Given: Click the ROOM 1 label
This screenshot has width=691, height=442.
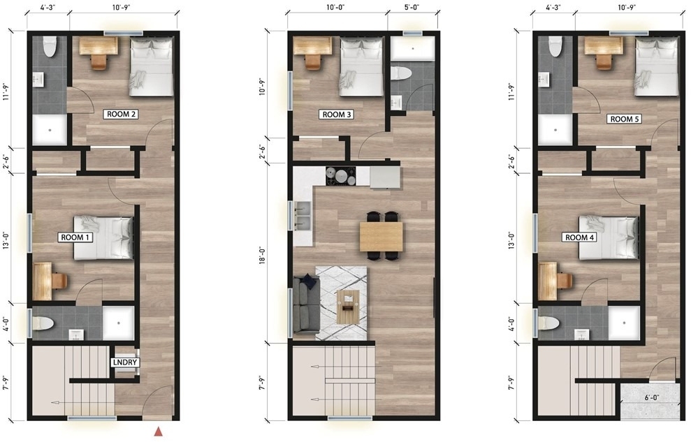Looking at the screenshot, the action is (x=75, y=237).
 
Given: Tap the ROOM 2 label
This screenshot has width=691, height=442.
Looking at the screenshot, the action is (x=121, y=115).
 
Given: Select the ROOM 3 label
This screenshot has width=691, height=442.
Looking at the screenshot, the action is (x=337, y=115).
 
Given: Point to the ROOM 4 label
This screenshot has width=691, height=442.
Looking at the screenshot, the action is (x=580, y=237).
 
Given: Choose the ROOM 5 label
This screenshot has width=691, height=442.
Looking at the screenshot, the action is (x=625, y=119).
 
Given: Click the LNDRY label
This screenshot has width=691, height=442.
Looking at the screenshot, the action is (x=126, y=362).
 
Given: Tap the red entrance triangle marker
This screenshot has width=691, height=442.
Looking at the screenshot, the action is (x=159, y=431).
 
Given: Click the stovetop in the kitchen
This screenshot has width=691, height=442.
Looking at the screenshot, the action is (x=341, y=176).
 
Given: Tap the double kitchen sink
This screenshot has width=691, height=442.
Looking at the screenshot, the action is (x=303, y=216).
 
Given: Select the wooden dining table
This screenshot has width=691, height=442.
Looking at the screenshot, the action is (x=381, y=236).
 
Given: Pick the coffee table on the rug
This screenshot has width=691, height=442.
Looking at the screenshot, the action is (x=348, y=307).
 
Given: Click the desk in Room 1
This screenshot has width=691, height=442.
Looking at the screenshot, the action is (x=42, y=281).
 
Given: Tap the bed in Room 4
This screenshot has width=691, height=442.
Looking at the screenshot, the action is (x=608, y=237).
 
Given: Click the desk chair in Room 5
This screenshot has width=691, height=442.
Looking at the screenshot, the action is (x=603, y=61).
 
